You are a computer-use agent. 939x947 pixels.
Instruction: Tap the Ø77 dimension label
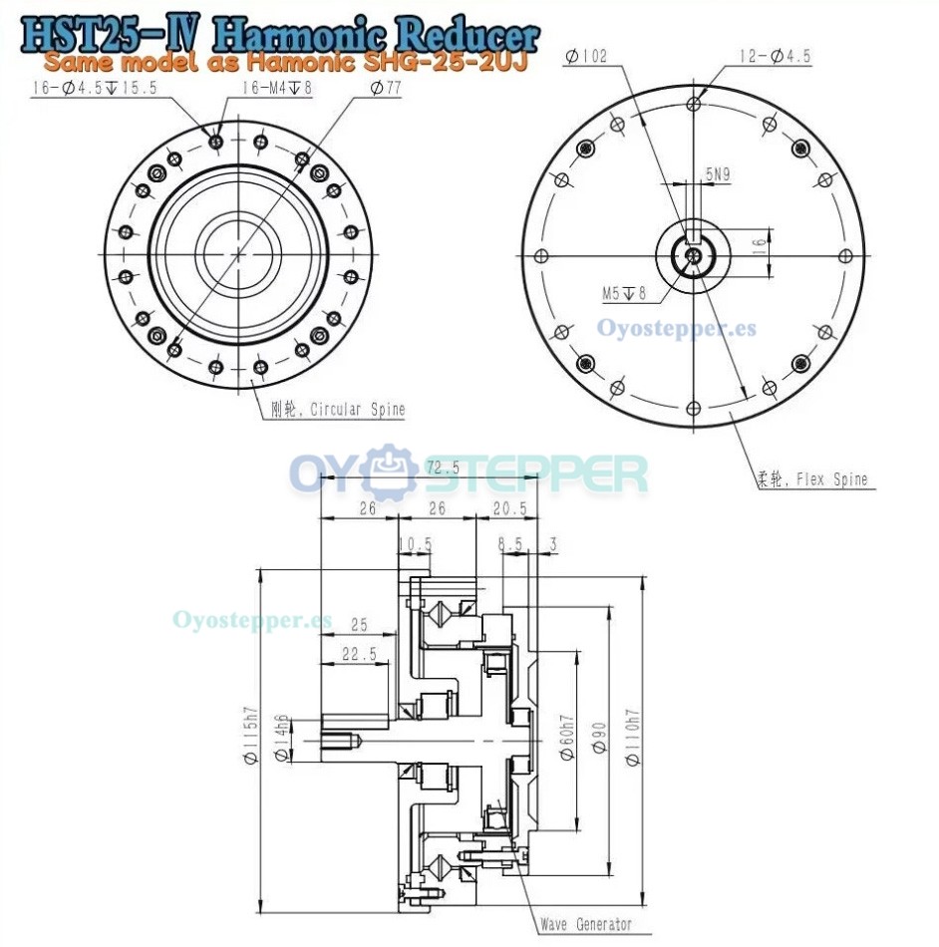385,89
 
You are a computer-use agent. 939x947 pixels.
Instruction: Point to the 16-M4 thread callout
277,89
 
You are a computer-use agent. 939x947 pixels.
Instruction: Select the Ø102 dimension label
585,57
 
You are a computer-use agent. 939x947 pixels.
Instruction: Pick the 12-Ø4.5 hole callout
775,57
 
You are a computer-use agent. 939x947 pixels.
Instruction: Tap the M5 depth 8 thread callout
624,293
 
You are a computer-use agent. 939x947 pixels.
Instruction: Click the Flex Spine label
811,479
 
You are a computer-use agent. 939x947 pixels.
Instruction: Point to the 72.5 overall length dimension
442,468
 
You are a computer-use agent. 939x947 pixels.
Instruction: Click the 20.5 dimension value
508,508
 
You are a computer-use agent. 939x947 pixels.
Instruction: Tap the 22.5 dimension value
359,654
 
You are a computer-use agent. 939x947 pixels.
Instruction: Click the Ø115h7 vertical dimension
251,736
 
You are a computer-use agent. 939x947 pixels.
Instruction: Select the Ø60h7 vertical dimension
566,737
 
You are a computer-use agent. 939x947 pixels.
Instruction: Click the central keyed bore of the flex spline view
692,255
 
